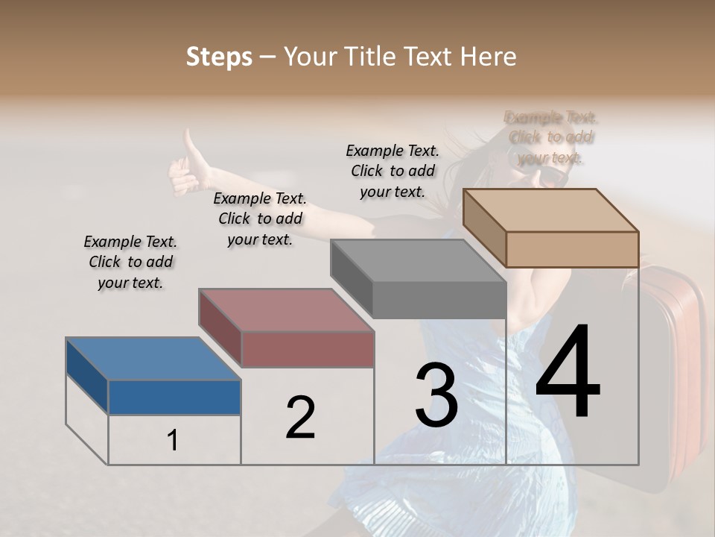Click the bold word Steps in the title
coord(219,57)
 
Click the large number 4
coord(568,373)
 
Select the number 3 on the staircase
coord(436,395)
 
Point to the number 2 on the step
coord(300,418)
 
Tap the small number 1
coord(173,441)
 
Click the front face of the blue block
coord(174,397)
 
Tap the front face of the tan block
coord(572,249)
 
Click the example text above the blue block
coord(130,262)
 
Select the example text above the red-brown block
coord(260,219)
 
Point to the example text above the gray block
coord(393,171)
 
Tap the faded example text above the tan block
coord(550,137)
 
